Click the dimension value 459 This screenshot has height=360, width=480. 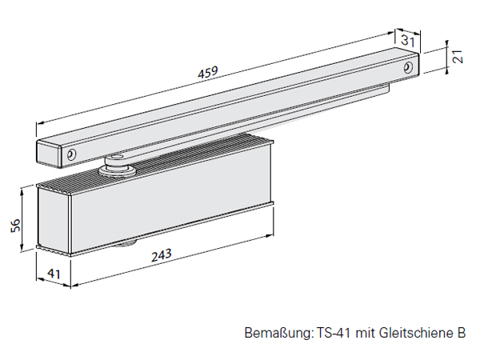click(x=206, y=74)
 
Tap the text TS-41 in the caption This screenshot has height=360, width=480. click(x=332, y=333)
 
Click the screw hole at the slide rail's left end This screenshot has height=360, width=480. click(x=71, y=154)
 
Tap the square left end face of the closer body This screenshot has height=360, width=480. click(x=52, y=220)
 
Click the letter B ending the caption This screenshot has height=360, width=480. click(x=461, y=333)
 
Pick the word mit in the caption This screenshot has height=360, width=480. click(x=366, y=333)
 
